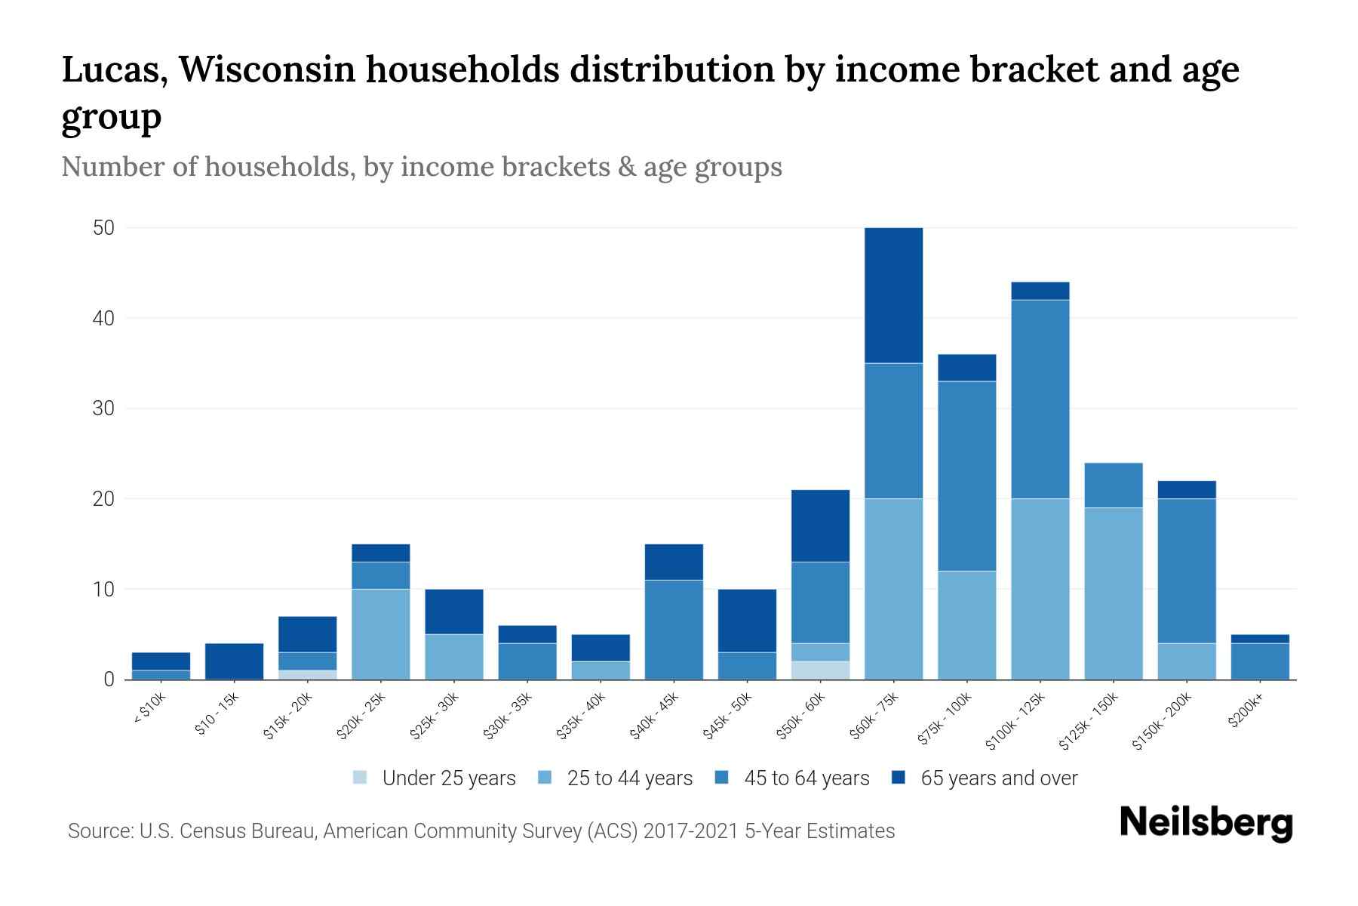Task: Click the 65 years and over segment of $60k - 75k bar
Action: tap(893, 295)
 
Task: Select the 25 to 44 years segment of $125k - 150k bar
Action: tap(1114, 593)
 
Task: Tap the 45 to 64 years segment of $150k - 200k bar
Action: tap(1187, 571)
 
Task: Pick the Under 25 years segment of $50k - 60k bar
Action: tap(820, 670)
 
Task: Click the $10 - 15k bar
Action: tap(234, 661)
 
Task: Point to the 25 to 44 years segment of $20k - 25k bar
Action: tap(380, 634)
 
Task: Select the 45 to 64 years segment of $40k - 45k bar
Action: tap(674, 630)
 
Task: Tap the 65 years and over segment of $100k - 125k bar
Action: tap(1040, 291)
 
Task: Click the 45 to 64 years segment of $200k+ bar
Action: tap(1260, 661)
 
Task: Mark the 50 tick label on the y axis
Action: tap(103, 228)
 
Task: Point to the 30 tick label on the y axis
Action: tap(103, 408)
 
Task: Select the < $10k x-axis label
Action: tap(150, 710)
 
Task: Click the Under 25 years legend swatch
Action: tap(361, 778)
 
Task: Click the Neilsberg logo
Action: tap(1206, 823)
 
